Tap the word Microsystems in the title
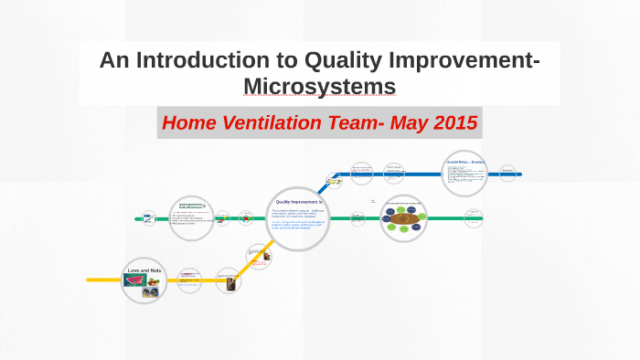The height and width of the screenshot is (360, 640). pos(319,86)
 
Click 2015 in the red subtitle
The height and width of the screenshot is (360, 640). pos(452,122)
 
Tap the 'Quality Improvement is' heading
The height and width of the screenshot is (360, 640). pos(299,200)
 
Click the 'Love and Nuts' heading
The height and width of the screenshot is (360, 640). pos(144,270)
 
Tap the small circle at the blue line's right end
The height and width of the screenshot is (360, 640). pos(508,172)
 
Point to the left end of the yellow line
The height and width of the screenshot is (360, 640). pos(90,279)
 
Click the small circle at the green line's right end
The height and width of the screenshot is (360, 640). pos(473,218)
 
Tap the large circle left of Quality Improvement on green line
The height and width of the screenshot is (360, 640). pos(191,218)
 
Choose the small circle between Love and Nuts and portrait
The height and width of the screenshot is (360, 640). pos(188,278)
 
